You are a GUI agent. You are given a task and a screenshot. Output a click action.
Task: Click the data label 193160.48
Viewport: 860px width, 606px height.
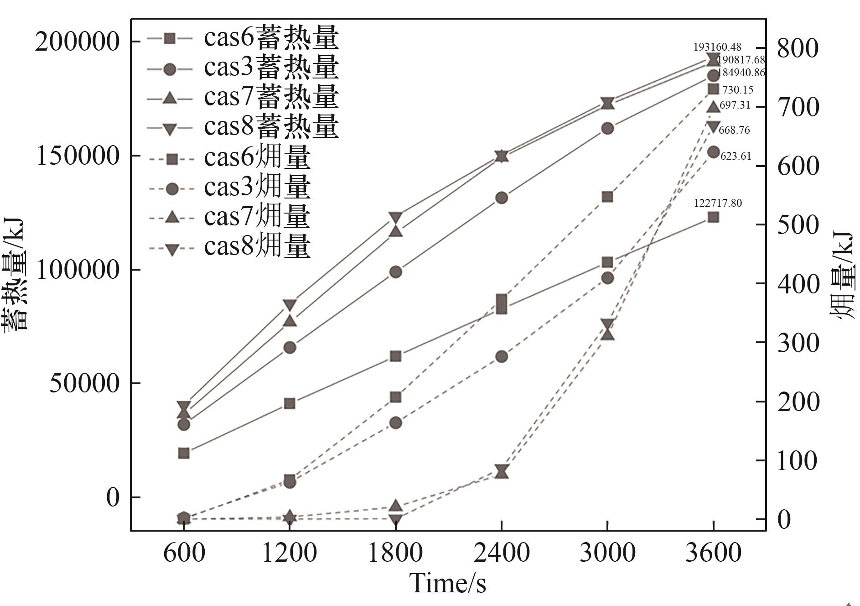717,47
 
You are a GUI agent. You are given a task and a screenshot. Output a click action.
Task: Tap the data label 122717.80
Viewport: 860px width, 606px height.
718,203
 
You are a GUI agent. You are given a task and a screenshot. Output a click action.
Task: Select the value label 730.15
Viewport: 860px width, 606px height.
738,90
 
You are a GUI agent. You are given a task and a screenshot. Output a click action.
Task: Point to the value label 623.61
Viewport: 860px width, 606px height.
736,156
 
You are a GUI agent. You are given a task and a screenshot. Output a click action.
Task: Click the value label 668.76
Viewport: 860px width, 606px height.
734,130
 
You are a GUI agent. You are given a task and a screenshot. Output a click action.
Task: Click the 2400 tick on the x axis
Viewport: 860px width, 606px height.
502,553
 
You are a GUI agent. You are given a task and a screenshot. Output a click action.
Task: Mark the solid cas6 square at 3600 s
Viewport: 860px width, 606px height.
713,217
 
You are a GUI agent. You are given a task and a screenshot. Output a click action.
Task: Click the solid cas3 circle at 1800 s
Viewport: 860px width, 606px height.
395,272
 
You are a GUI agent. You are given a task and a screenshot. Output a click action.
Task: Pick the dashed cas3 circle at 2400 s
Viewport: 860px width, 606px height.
502,356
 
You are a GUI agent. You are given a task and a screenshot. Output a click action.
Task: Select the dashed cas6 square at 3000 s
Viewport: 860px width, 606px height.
607,197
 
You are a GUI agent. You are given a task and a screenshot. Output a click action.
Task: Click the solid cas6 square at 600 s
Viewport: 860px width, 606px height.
184,453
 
